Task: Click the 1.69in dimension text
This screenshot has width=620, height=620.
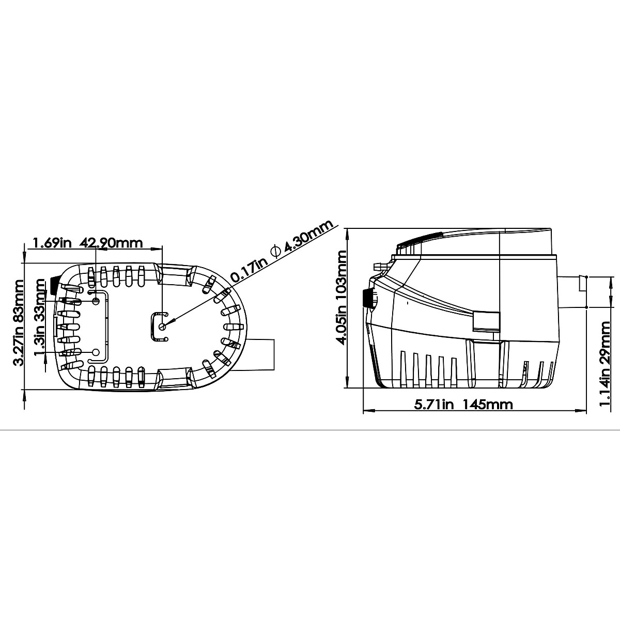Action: (x=52, y=242)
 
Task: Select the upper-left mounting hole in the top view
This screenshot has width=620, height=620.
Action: (x=96, y=301)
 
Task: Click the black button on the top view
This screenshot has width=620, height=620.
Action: (x=53, y=283)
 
